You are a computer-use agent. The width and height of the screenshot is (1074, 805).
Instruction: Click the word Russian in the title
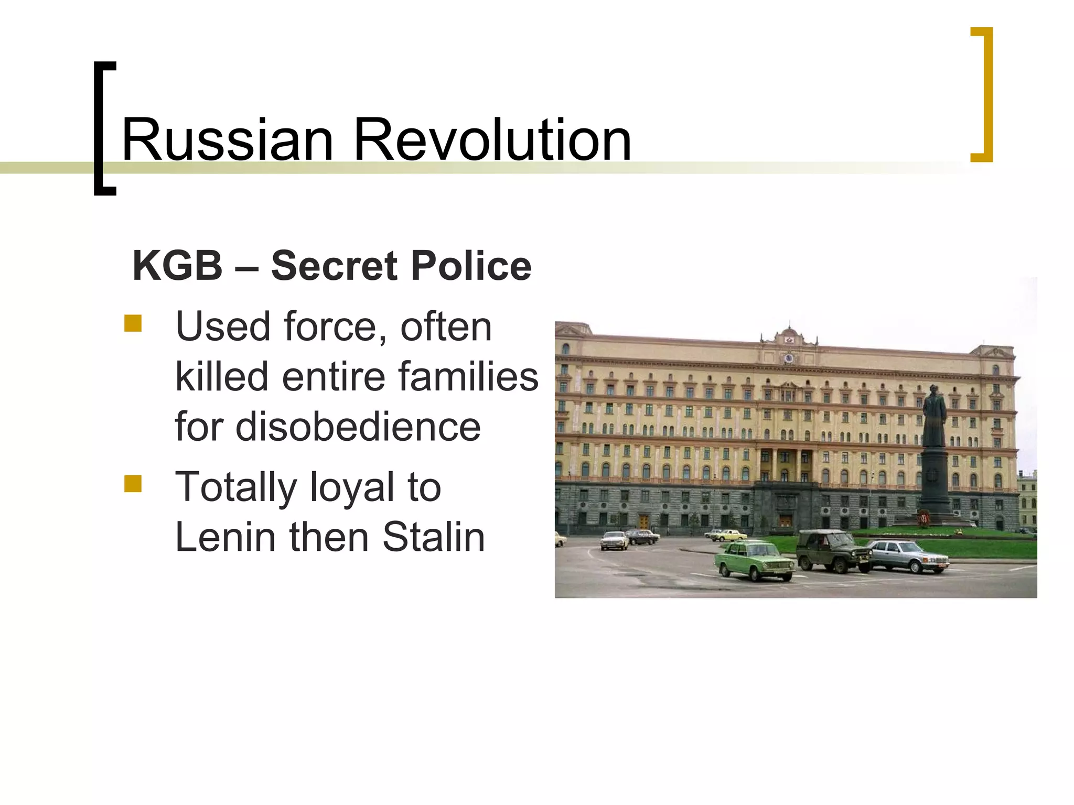227,140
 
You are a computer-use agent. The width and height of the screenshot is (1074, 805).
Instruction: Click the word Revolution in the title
492,140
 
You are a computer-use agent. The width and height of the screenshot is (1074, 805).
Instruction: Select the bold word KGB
178,266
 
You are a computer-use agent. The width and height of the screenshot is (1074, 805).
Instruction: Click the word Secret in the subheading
334,266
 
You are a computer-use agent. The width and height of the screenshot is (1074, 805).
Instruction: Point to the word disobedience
328,426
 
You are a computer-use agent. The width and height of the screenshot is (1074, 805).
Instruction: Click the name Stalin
434,537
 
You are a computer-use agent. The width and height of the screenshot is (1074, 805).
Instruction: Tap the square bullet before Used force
133,323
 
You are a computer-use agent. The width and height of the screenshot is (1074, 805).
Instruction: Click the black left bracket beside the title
104,128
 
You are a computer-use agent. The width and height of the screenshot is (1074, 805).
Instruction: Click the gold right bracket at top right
983,94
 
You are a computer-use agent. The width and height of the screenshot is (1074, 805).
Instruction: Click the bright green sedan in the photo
755,561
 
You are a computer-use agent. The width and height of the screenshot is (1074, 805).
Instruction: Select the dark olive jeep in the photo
833,551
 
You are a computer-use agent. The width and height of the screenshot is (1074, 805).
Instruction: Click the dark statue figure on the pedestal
934,416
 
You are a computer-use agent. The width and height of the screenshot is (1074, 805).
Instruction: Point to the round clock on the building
788,358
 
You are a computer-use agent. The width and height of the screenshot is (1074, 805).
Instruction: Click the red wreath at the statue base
923,519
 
